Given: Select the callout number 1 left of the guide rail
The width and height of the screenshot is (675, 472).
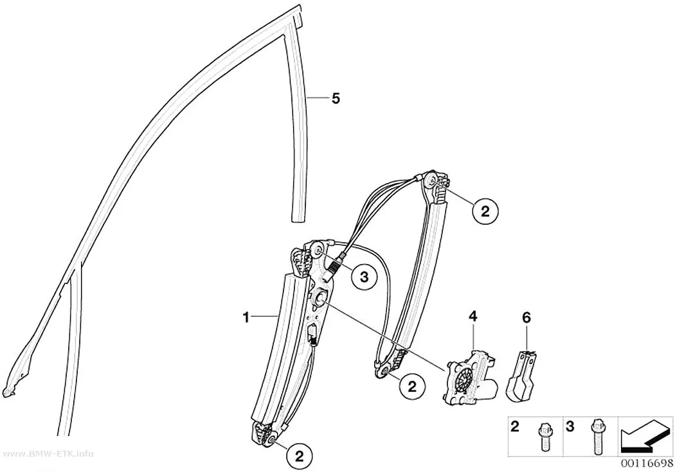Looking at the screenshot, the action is pyautogui.click(x=246, y=318).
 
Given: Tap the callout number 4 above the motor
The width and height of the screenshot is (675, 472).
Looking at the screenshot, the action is pyautogui.click(x=473, y=317).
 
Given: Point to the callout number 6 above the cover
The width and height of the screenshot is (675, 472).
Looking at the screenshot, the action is pyautogui.click(x=526, y=318).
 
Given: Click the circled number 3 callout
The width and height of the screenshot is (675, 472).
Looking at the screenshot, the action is pyautogui.click(x=364, y=277).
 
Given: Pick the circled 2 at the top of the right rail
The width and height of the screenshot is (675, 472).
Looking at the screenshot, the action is pyautogui.click(x=485, y=211).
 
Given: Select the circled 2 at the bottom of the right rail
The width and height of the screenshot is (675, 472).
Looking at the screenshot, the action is pyautogui.click(x=412, y=387).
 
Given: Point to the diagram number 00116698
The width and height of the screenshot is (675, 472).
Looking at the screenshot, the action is pyautogui.click(x=646, y=463).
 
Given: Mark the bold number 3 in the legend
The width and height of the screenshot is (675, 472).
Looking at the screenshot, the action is pyautogui.click(x=570, y=427).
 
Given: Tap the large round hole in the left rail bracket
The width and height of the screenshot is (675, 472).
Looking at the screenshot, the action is pyautogui.click(x=320, y=297).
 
